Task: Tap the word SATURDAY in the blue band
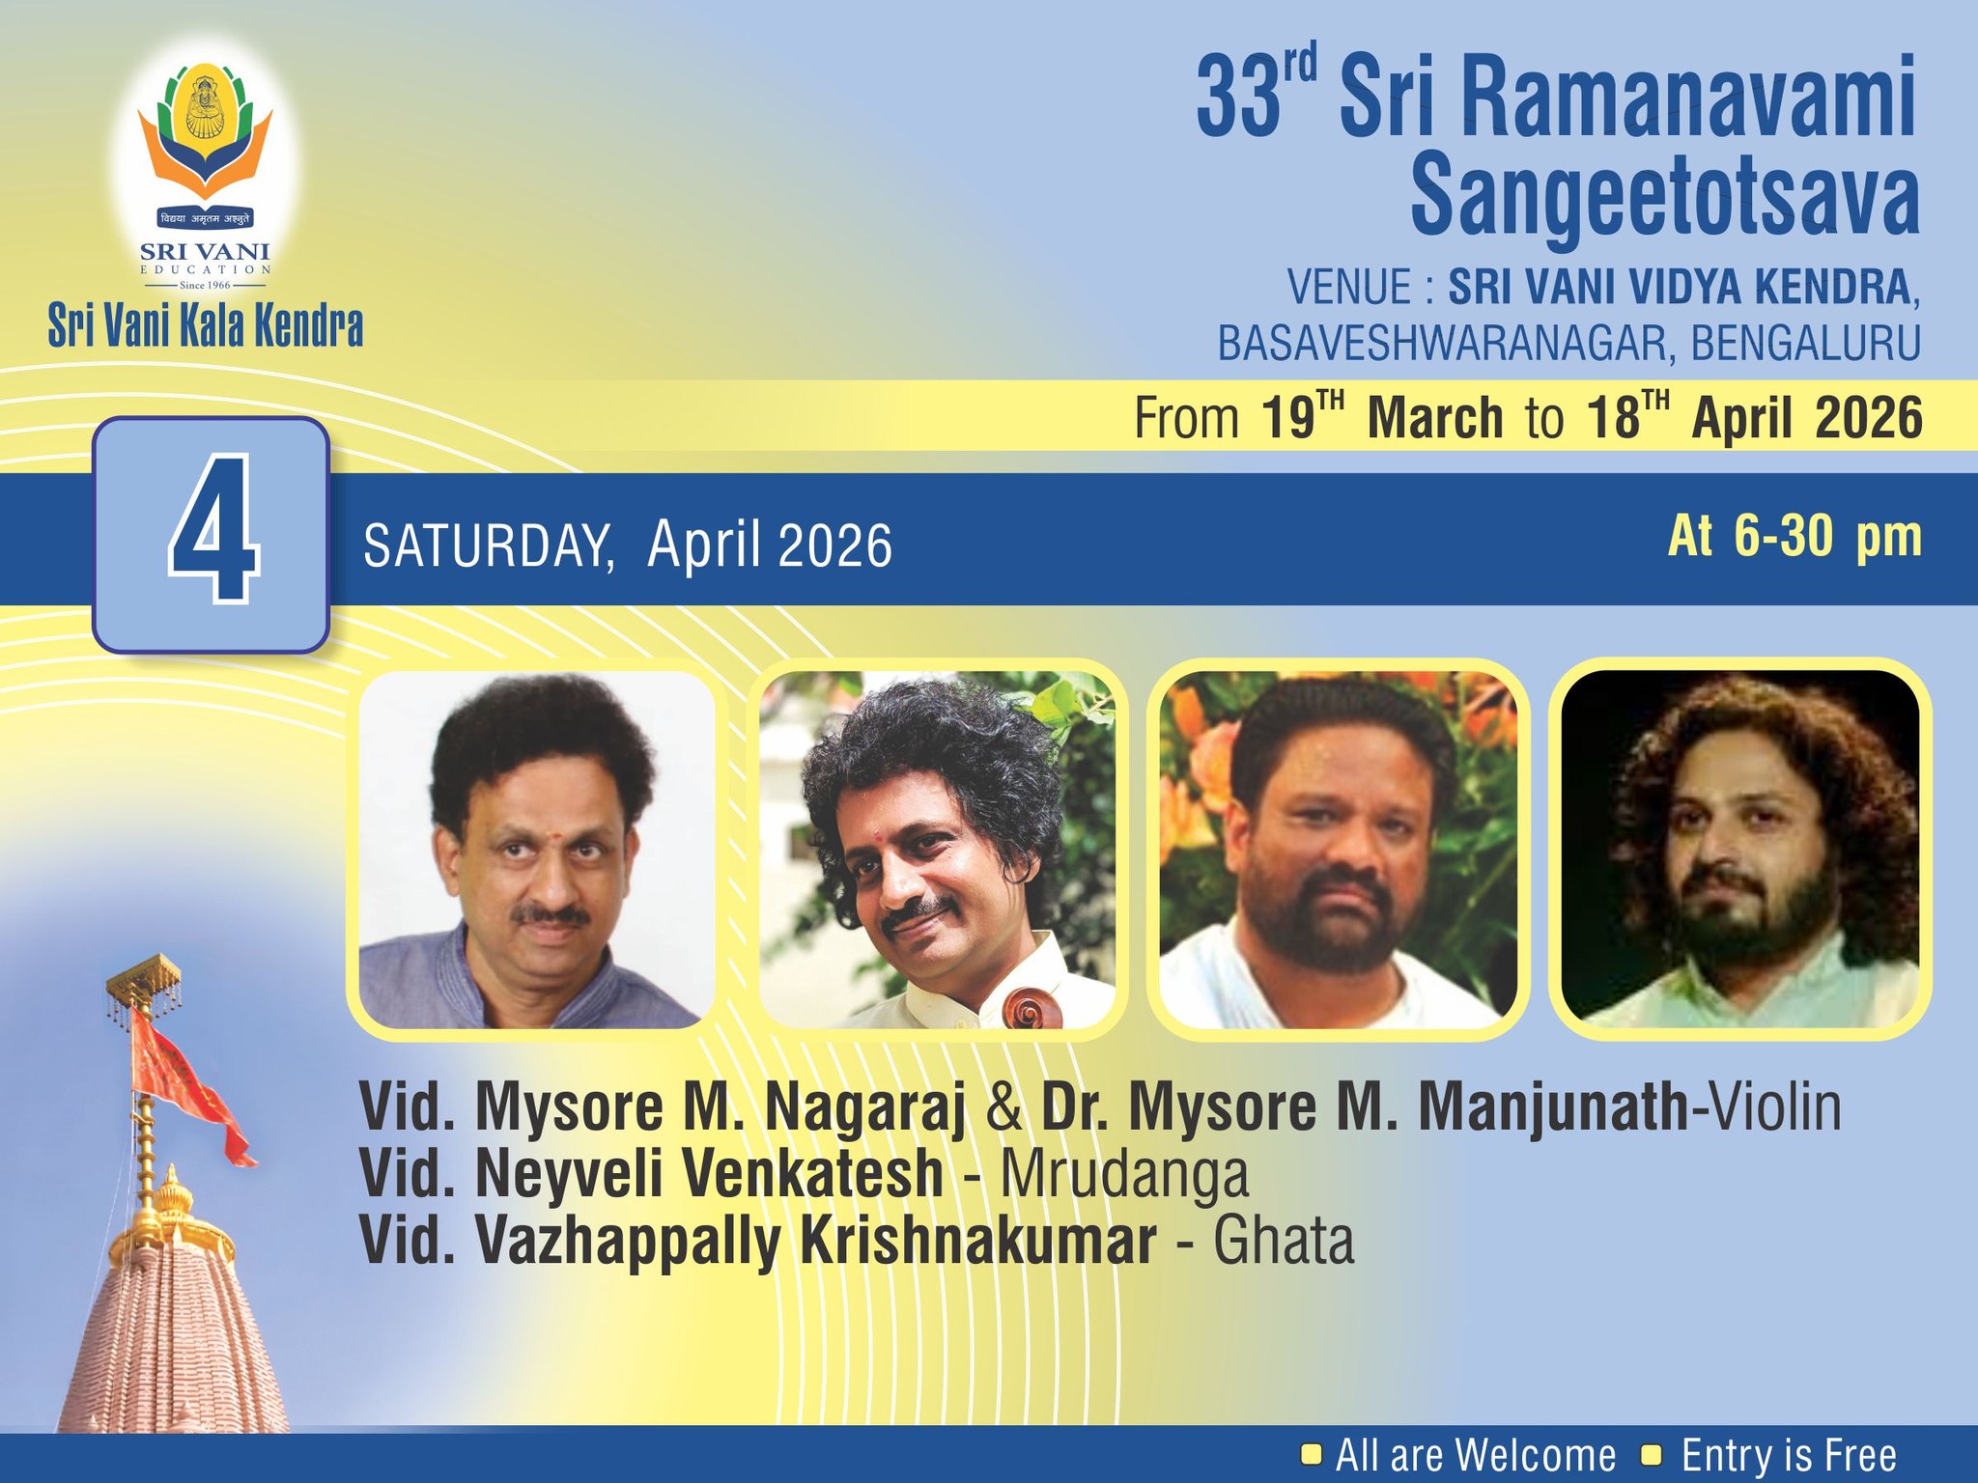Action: click(488, 546)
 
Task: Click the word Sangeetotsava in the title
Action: click(1664, 198)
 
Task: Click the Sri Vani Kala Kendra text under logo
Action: click(206, 326)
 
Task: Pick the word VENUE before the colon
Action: click(1349, 288)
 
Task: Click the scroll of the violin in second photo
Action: click(1028, 1010)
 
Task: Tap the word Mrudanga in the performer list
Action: click(1123, 1174)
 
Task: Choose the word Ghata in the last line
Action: click(1284, 1242)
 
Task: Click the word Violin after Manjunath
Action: click(1774, 1107)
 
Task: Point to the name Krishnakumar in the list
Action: click(977, 1242)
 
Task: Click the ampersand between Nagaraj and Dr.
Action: click(1004, 1108)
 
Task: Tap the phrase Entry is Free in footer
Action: click(1789, 1455)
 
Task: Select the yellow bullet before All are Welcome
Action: click(1312, 1453)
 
